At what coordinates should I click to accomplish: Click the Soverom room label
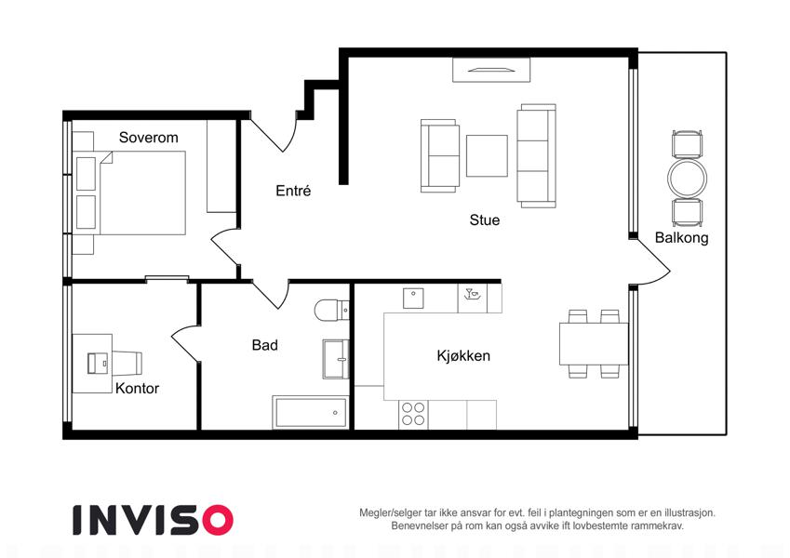click(x=149, y=138)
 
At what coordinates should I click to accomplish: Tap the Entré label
click(x=293, y=191)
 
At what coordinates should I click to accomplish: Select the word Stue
click(x=485, y=219)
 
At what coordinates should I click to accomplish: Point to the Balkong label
click(x=682, y=238)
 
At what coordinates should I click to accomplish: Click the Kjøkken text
click(x=463, y=355)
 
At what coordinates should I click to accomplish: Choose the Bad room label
click(x=265, y=345)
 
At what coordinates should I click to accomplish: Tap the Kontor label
click(x=137, y=389)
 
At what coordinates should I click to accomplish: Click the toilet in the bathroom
click(x=332, y=311)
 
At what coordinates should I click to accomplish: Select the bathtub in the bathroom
click(x=311, y=413)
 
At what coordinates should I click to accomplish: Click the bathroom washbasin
click(x=336, y=359)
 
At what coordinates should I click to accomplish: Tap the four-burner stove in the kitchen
click(x=413, y=414)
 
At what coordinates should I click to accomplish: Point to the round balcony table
click(x=688, y=179)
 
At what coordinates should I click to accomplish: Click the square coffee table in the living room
click(x=487, y=155)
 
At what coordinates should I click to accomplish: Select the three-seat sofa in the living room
click(x=537, y=155)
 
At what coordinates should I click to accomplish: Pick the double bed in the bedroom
click(x=129, y=193)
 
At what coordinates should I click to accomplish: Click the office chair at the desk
click(x=127, y=363)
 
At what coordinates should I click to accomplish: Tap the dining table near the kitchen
click(x=594, y=343)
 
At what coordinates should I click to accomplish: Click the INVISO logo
click(x=154, y=520)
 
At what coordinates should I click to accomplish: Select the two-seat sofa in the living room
click(x=440, y=155)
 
